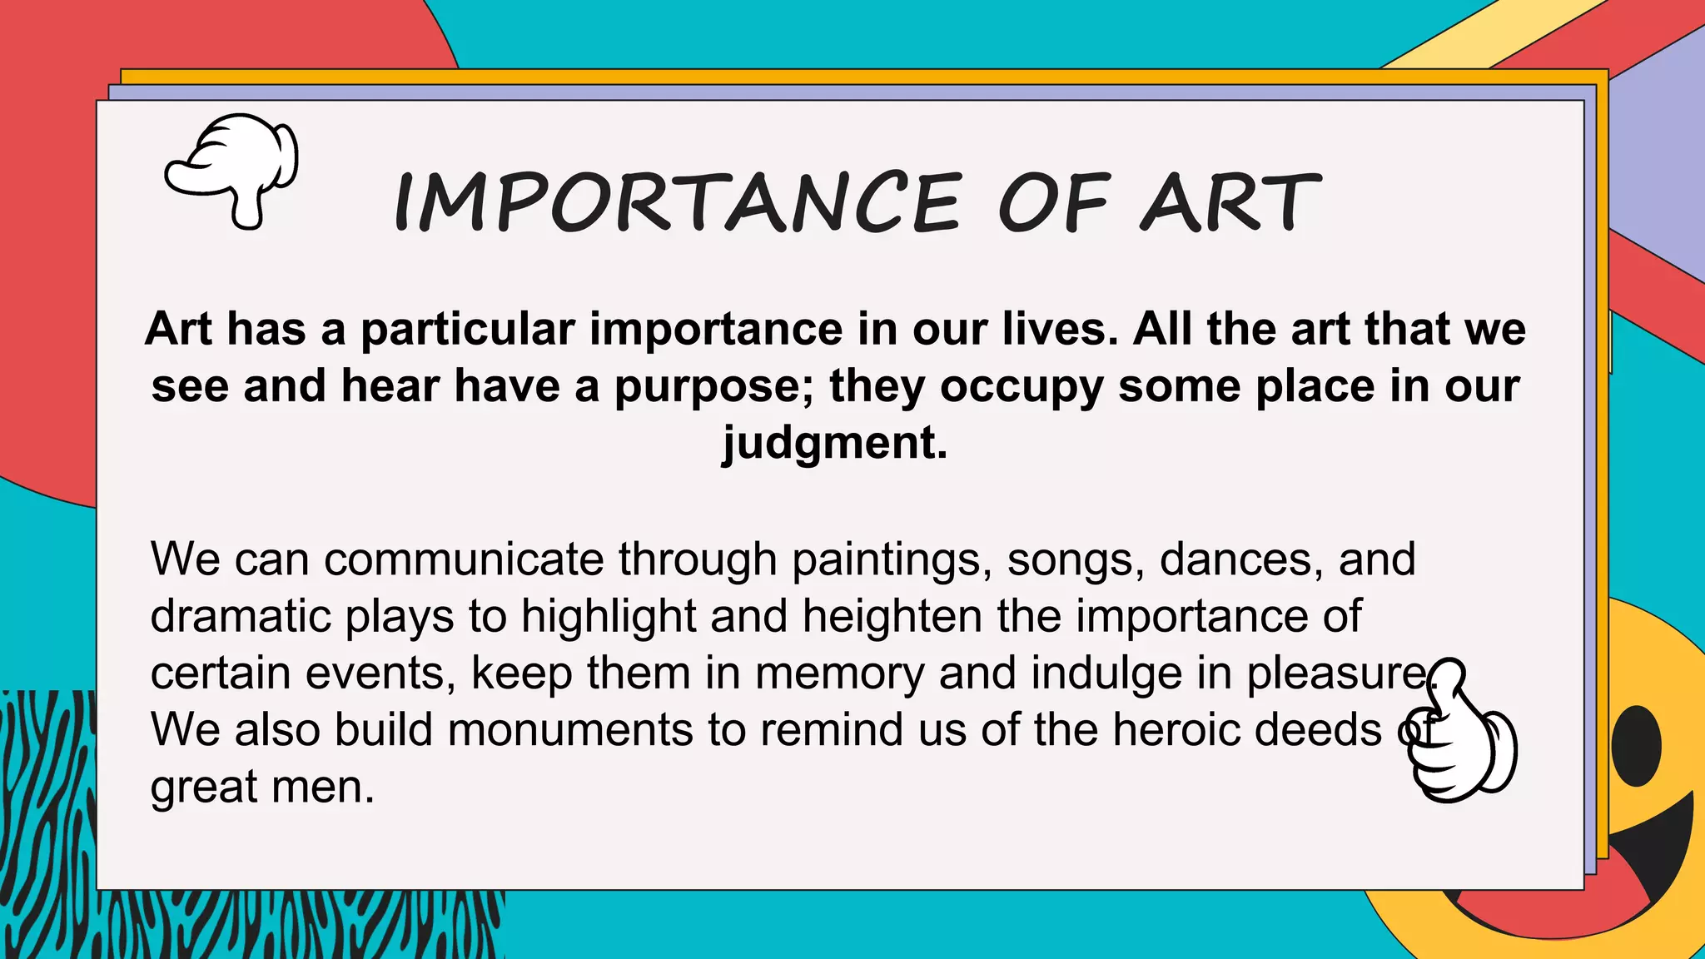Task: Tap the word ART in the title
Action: click(x=1230, y=202)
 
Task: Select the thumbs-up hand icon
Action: click(x=1462, y=733)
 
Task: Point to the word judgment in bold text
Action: click(x=834, y=442)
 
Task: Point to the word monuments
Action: click(x=570, y=730)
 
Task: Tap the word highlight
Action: click(x=609, y=617)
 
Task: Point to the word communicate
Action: click(x=464, y=559)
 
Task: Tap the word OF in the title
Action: click(x=1053, y=202)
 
